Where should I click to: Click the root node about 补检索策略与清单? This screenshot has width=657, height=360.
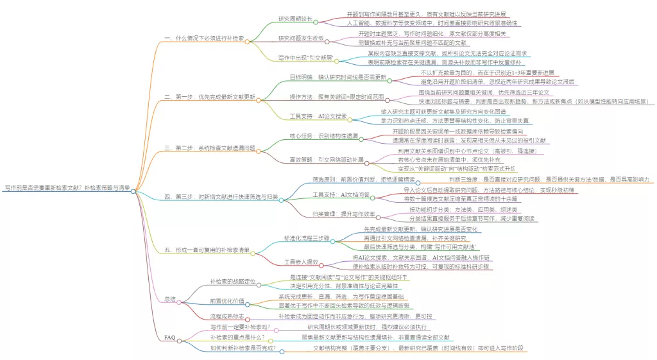click(x=67, y=187)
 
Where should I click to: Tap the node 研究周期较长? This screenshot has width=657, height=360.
click(x=296, y=18)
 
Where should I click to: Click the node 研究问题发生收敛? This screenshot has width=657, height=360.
click(x=300, y=38)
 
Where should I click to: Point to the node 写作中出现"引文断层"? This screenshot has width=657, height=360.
click(x=305, y=58)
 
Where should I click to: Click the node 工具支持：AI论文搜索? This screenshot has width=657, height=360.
click(x=318, y=116)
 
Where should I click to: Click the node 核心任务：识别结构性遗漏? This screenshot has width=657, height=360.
click(x=323, y=136)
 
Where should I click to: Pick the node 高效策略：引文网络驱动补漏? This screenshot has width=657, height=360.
click(x=326, y=159)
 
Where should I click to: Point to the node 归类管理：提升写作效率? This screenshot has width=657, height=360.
click(x=343, y=214)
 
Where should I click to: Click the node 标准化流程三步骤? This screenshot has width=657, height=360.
click(x=306, y=238)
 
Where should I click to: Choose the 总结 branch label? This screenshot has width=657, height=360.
click(x=170, y=299)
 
